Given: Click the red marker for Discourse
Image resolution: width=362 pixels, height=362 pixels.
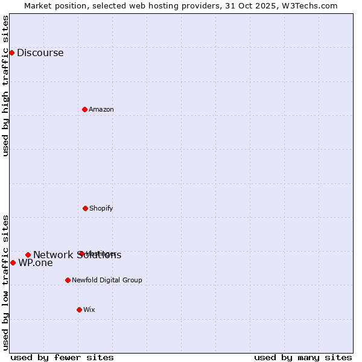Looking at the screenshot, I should click(x=11, y=52).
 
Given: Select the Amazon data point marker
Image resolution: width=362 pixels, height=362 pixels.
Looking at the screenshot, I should click(x=84, y=109).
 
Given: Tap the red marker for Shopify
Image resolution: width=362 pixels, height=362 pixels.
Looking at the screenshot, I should click(x=85, y=208).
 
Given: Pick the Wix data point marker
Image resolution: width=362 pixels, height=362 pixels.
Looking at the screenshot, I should click(x=79, y=310).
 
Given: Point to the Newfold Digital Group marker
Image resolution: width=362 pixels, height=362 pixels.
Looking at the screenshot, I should click(x=68, y=280).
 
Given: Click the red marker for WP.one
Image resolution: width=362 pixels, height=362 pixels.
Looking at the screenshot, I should click(x=13, y=262).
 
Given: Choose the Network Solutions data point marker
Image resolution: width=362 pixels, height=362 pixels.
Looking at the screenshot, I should click(x=28, y=255).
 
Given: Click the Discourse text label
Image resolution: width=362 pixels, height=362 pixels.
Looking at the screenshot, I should click(x=40, y=52).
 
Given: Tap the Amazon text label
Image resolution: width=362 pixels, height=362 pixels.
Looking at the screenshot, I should click(x=101, y=109).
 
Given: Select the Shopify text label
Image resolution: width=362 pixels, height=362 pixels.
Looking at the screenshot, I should click(x=101, y=208).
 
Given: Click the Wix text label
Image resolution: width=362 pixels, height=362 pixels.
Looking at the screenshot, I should click(x=89, y=310).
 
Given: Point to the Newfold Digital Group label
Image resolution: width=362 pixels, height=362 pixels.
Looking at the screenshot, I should click(x=107, y=280).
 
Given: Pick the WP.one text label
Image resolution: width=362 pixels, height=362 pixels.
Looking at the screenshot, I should click(x=36, y=263).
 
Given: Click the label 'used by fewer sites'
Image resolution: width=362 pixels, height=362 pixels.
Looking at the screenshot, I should click(x=62, y=357).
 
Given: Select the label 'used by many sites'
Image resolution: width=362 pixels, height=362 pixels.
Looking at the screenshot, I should click(x=303, y=357).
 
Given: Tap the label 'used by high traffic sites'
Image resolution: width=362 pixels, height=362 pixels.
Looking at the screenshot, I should click(x=5, y=86).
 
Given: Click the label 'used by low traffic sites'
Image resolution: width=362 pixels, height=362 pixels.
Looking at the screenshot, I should click(x=5, y=282).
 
